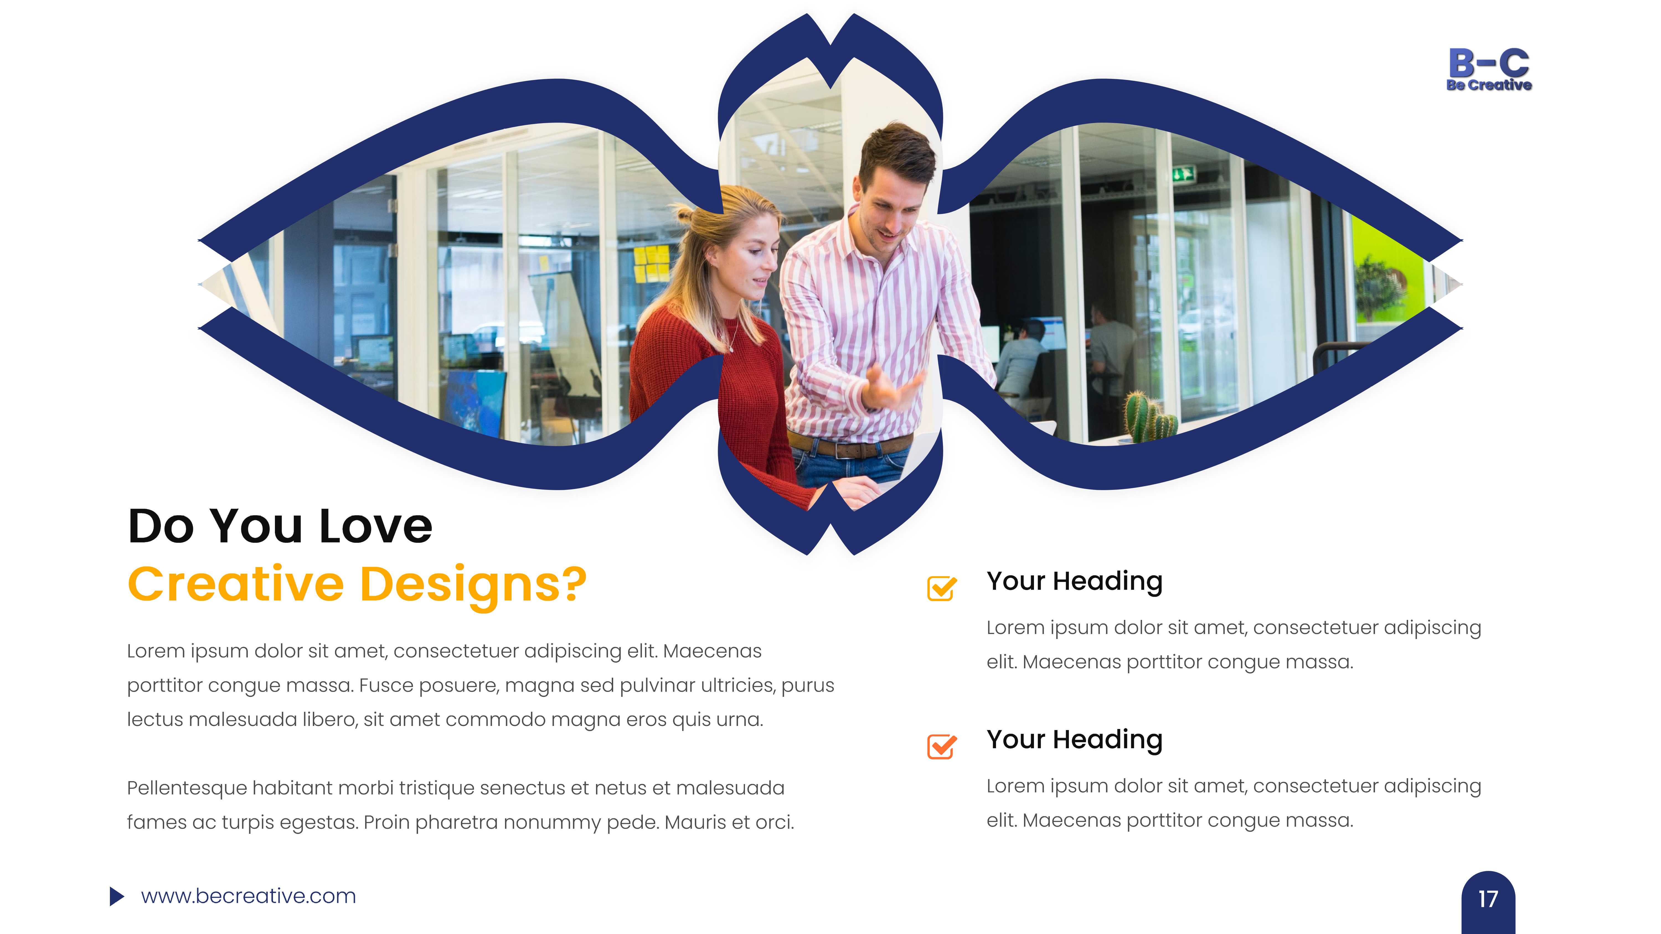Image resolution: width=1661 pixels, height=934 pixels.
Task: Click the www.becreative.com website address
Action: click(248, 896)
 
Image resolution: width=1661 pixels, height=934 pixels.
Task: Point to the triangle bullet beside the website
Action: click(116, 896)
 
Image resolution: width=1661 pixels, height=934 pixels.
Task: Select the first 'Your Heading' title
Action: click(1074, 581)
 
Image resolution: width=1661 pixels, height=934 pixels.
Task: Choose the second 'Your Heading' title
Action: click(1074, 740)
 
